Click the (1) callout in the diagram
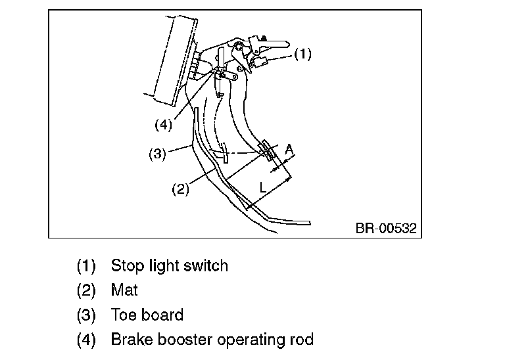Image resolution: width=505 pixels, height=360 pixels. [302, 54]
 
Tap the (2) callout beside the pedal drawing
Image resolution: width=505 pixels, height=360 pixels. [180, 189]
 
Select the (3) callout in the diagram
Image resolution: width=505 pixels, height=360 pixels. [158, 154]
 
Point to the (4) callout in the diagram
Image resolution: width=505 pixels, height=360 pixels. [164, 125]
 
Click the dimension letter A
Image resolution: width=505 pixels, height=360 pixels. [289, 150]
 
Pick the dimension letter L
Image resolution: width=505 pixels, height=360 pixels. [263, 187]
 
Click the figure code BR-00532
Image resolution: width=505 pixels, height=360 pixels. [386, 228]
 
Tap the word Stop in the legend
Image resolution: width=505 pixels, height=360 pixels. [127, 266]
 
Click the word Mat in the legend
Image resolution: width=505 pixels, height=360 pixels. [124, 290]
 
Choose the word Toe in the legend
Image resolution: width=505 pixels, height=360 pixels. [123, 315]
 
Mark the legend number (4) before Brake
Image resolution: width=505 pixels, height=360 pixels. [86, 340]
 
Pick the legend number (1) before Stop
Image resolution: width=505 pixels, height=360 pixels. [86, 266]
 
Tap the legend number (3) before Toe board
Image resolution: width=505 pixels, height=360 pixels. [86, 315]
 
